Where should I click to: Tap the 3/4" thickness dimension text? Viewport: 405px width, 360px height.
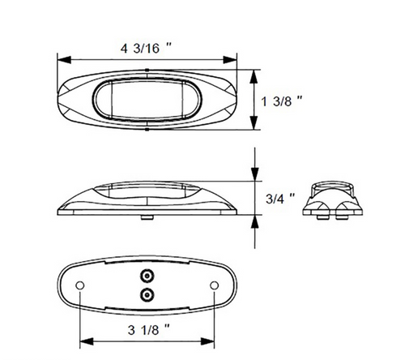click(x=280, y=196)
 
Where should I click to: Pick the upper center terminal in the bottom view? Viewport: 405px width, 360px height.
click(x=147, y=274)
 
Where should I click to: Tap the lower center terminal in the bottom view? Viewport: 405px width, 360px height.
click(x=147, y=293)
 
